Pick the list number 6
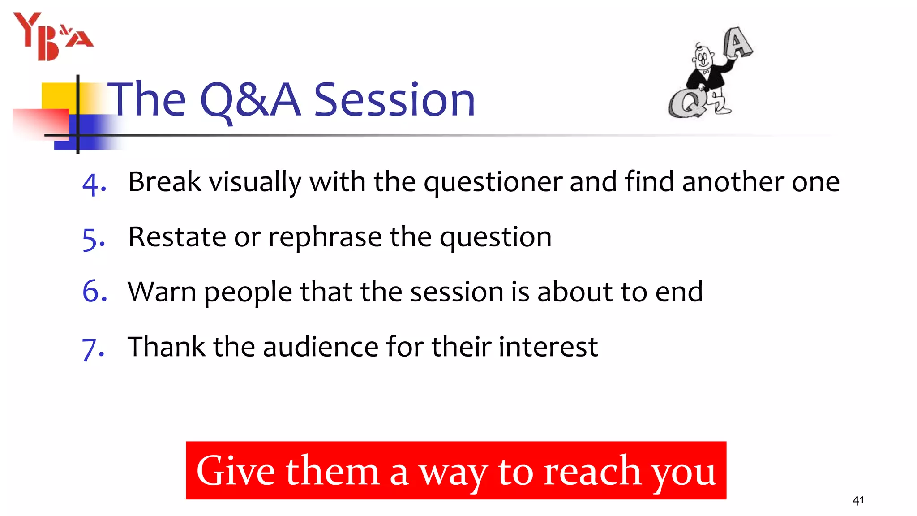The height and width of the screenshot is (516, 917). [94, 291]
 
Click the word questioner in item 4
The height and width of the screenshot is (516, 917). [493, 183]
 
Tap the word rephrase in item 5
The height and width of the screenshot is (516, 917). [325, 237]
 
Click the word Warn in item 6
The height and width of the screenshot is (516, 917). [162, 292]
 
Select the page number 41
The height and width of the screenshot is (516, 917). [858, 500]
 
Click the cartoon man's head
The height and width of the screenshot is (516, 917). [703, 57]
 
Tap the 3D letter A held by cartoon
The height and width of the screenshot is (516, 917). [738, 43]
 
